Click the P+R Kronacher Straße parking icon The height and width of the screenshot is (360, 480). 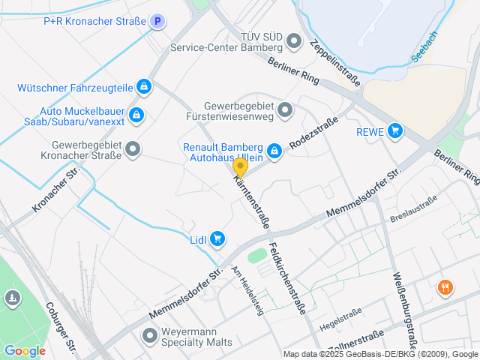(157, 22)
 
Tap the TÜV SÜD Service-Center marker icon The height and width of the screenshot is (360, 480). (294, 40)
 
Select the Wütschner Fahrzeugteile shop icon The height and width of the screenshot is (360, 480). (143, 87)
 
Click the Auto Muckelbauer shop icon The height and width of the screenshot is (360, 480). (136, 115)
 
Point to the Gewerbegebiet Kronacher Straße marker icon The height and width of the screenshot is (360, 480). (133, 149)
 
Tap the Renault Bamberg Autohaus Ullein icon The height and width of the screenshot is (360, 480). (274, 151)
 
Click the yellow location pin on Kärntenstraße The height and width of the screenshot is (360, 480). (240, 167)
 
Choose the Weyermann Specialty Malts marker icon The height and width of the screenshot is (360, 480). (149, 336)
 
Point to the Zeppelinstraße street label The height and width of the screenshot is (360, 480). (334, 62)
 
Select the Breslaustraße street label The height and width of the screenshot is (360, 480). (412, 204)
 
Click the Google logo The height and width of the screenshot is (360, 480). (25, 350)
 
